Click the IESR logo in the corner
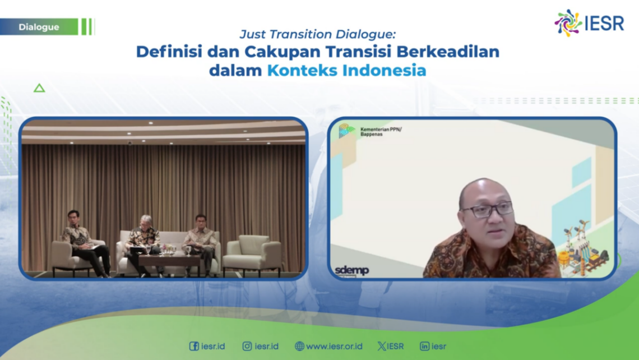tap(589, 24)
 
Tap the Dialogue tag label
tap(39, 27)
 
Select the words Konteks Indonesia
tap(346, 71)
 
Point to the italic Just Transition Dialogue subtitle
tap(317, 34)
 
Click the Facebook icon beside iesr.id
tap(194, 346)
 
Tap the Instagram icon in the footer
tap(247, 346)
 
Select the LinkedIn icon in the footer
tap(424, 346)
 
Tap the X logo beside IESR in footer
tap(382, 346)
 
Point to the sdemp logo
tap(351, 271)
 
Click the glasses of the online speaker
tap(487, 210)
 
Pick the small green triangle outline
tap(39, 88)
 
